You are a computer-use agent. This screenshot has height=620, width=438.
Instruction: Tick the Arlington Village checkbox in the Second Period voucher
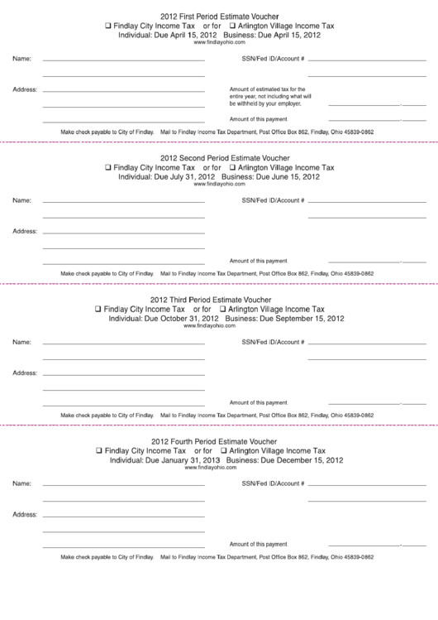point(223,166)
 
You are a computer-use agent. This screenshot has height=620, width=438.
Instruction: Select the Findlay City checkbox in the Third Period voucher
point(99,308)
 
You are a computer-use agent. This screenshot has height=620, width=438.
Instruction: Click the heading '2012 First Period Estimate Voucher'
point(218,16)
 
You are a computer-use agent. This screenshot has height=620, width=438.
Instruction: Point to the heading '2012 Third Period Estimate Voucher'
point(218,299)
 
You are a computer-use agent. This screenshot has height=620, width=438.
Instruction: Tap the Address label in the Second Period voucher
point(25,231)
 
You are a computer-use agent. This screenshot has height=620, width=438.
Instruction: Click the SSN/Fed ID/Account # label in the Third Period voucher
point(273,342)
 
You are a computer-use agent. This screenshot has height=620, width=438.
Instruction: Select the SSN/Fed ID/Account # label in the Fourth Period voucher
point(273,483)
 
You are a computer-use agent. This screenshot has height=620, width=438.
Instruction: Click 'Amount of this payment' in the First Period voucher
point(258,119)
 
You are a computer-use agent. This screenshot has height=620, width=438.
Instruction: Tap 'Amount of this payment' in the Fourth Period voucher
point(258,544)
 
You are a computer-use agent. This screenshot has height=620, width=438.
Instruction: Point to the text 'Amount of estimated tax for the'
point(267,89)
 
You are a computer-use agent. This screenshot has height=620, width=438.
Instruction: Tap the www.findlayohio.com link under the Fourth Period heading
point(218,468)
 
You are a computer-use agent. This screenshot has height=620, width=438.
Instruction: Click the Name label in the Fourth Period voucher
point(22,483)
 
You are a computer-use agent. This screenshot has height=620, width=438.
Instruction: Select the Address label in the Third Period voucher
point(25,372)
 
